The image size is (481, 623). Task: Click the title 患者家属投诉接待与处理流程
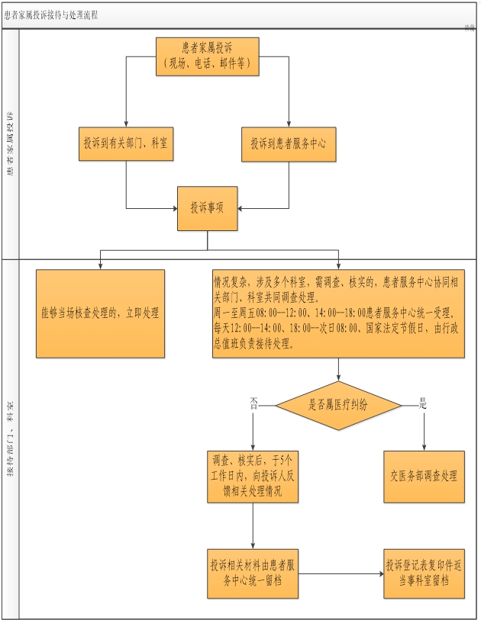(x=51, y=14)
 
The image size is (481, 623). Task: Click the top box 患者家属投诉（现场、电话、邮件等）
(x=207, y=57)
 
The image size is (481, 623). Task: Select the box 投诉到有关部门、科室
(x=127, y=143)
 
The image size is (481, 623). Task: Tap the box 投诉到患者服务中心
(x=289, y=143)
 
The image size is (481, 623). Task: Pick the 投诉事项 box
(x=207, y=208)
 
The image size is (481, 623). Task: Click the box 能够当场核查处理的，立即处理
(x=100, y=313)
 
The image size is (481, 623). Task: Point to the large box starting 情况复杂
(x=338, y=313)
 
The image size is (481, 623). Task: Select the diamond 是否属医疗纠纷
(x=338, y=405)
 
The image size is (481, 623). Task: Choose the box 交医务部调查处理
(x=423, y=475)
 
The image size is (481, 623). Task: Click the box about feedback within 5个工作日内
(x=253, y=475)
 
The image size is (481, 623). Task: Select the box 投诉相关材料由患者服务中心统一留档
(x=253, y=573)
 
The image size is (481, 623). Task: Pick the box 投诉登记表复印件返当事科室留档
(x=423, y=573)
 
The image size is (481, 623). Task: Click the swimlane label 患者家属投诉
(x=9, y=145)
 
